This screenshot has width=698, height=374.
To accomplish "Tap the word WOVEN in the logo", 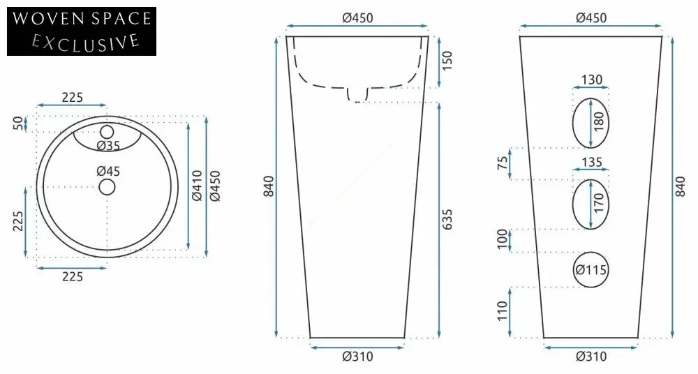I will [46, 19].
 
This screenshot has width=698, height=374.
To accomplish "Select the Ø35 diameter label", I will [108, 145].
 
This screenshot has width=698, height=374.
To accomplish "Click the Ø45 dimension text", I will [108, 171].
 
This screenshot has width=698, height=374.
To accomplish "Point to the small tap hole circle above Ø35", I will [107, 131].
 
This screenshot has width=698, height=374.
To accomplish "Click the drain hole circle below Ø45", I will [107, 186].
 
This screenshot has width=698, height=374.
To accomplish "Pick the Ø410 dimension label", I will [197, 186].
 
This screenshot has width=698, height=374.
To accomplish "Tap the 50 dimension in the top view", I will [17, 124].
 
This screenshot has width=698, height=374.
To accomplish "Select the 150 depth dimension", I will [448, 61].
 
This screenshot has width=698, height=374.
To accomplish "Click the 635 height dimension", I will [448, 220].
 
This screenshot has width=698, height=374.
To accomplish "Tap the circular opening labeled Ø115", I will [591, 269].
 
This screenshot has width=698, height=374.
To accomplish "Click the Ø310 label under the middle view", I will [357, 357].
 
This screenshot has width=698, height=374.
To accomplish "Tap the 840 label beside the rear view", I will [681, 186].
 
